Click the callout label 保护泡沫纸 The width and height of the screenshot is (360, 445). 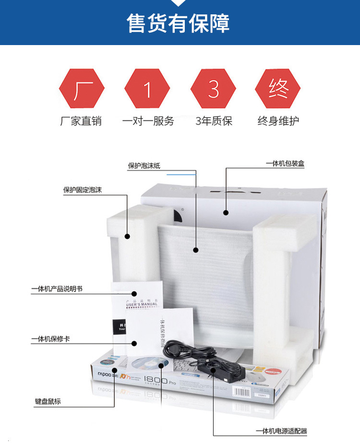(x=144, y=166)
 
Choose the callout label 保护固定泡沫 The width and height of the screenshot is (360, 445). (x=83, y=190)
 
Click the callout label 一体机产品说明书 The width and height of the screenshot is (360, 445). (x=57, y=289)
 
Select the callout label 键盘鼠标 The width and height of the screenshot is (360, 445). (x=48, y=401)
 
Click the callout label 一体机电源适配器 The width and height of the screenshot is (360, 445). (x=281, y=431)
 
